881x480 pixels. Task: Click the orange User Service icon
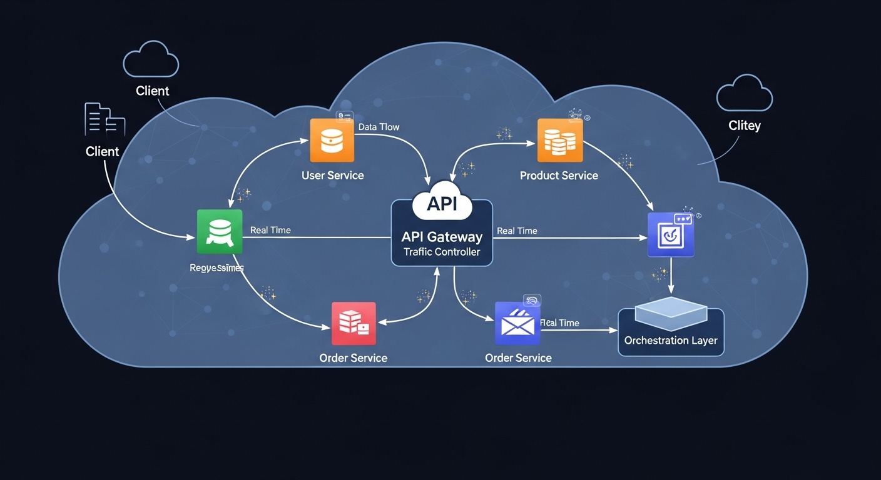332,141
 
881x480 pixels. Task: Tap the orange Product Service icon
560,141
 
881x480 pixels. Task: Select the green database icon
219,231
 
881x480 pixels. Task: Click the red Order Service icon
354,323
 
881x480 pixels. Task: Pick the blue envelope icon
517,323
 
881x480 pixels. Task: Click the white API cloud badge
442,202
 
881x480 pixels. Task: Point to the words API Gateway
442,237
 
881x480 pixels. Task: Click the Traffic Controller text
442,252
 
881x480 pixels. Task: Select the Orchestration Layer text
671,341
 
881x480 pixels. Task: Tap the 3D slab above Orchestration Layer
671,313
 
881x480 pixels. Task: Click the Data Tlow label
379,127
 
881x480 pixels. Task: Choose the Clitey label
745,126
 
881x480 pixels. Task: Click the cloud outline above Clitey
744,93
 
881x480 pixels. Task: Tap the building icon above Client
104,120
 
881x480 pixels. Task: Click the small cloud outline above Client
151,60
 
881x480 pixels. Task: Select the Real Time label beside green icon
270,230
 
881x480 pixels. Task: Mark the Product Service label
559,176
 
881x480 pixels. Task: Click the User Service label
332,176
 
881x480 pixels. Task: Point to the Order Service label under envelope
518,358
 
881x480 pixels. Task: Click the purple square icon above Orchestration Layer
671,235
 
